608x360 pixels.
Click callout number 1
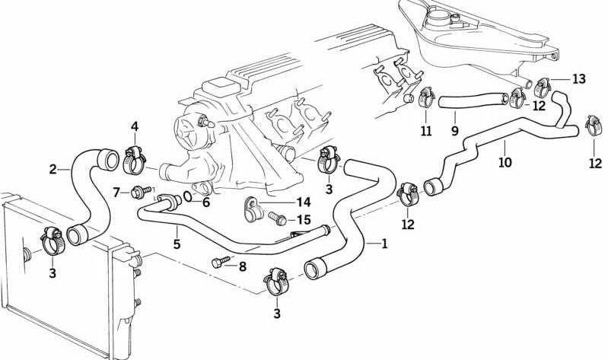coord(384,244)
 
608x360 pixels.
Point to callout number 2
coord(53,169)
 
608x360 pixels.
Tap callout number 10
coord(505,161)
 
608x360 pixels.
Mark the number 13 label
coord(578,78)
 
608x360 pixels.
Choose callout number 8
coord(242,266)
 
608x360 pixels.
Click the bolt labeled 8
coord(219,263)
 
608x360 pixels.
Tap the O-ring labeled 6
coord(187,199)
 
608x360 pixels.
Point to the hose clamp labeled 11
coord(425,97)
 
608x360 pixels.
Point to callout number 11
coord(426,132)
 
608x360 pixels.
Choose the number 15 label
coord(303,220)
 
